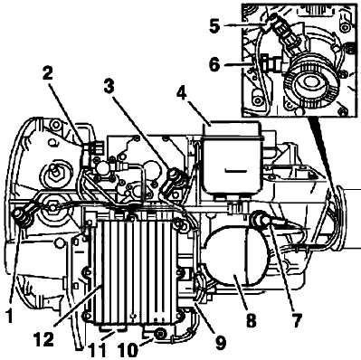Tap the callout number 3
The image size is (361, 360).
(x=109, y=87)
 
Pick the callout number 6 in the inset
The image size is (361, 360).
(x=214, y=65)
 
